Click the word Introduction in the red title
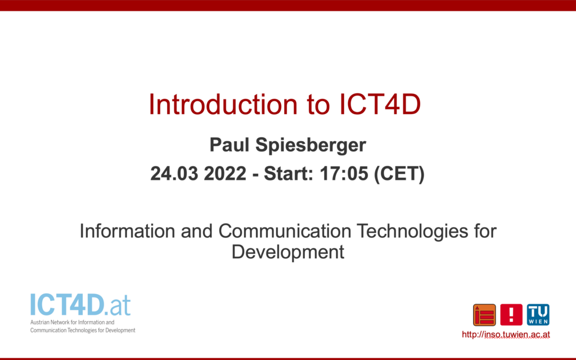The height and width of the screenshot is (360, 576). tap(223, 105)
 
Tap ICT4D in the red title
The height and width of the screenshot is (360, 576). tap(380, 105)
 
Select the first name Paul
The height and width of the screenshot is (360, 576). tap(229, 145)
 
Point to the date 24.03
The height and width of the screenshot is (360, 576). tap(174, 173)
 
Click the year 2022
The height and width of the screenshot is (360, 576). tap(225, 173)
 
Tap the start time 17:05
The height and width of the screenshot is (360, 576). tap(344, 173)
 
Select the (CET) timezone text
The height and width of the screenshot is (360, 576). tap(399, 174)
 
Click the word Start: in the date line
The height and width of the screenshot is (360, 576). tap(289, 173)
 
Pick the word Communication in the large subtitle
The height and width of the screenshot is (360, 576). tap(285, 231)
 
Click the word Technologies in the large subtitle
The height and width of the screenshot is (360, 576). tap(412, 232)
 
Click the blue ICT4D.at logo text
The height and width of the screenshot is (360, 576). tap(80, 305)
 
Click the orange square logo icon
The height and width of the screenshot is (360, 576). tap(484, 315)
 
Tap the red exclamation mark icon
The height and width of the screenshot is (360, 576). tap(511, 315)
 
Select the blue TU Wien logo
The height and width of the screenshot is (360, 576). tap(538, 315)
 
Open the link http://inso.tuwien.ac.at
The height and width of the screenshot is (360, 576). tap(506, 335)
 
